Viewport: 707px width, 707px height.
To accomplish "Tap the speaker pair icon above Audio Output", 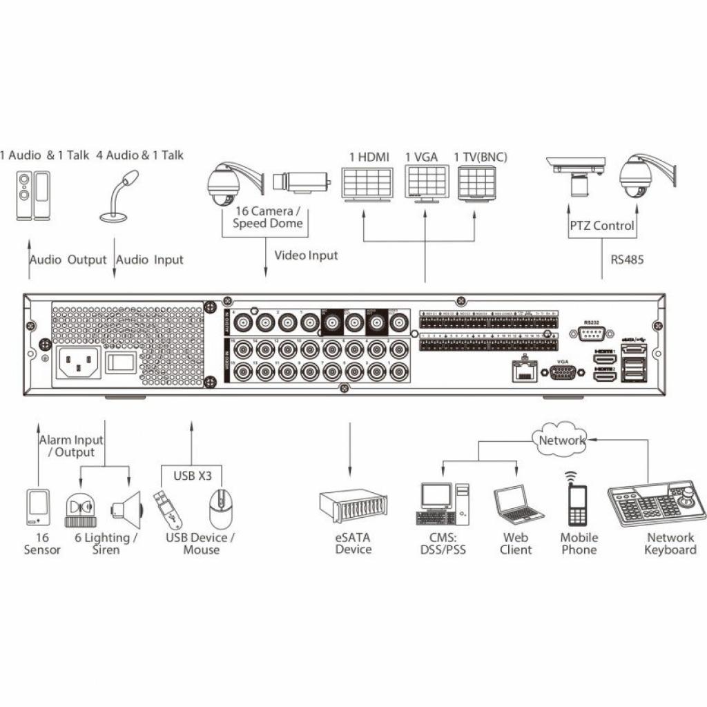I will [33, 196].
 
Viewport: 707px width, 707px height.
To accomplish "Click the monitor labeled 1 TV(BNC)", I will [477, 184].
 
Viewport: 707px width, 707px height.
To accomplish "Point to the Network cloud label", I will [562, 440].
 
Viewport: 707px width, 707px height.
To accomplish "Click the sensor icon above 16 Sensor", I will [38, 508].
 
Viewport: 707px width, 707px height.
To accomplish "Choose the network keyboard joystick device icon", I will [657, 506].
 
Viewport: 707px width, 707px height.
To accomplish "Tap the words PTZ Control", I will [601, 226].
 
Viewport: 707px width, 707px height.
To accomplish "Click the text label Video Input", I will [306, 255].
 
